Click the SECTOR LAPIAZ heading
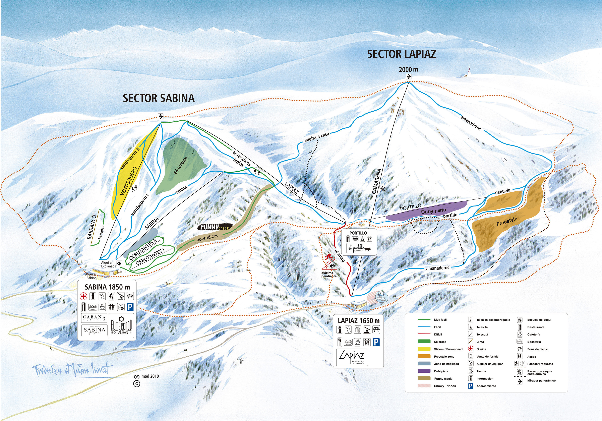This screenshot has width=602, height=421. (x=401, y=54)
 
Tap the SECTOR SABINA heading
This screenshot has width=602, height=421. (x=159, y=98)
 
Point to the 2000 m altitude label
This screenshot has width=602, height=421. (x=408, y=70)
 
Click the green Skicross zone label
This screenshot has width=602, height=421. (x=180, y=165)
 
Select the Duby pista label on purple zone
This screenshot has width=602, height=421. (x=433, y=211)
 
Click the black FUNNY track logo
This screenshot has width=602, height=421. (x=215, y=227)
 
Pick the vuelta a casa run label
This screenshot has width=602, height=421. (x=316, y=137)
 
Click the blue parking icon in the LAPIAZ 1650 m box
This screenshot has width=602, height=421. (x=376, y=342)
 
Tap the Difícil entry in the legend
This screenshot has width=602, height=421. (x=438, y=335)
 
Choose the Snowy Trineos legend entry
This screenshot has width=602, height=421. (x=445, y=386)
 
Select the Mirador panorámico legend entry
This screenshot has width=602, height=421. (x=541, y=381)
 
